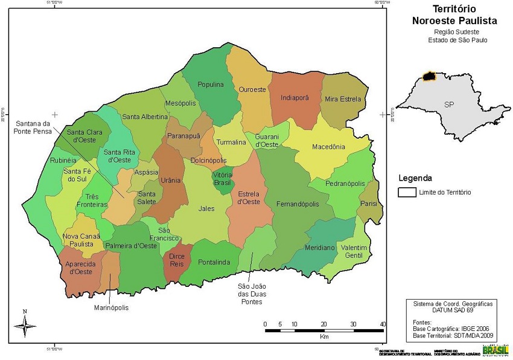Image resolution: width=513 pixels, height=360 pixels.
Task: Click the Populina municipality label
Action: click(x=211, y=85)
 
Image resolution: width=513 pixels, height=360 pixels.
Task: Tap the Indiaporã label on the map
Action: click(x=295, y=97)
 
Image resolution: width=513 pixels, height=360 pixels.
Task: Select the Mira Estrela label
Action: click(x=343, y=99)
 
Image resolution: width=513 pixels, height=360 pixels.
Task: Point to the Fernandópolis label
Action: click(x=298, y=204)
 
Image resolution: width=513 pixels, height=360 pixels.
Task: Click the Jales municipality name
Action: click(x=206, y=208)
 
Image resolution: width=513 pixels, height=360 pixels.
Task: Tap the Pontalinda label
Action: click(x=214, y=262)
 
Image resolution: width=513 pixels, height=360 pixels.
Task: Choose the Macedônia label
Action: click(x=328, y=147)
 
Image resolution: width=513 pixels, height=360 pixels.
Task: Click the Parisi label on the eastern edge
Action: click(x=368, y=204)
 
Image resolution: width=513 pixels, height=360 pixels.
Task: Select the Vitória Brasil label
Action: click(x=222, y=178)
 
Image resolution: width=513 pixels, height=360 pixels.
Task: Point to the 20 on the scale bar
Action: click(x=323, y=324)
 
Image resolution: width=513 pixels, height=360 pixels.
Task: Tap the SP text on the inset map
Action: click(x=449, y=104)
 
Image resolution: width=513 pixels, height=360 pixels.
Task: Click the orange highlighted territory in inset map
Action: click(x=429, y=77)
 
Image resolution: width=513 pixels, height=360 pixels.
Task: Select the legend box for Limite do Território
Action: click(x=407, y=192)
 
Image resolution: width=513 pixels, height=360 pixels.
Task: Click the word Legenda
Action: click(x=415, y=178)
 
